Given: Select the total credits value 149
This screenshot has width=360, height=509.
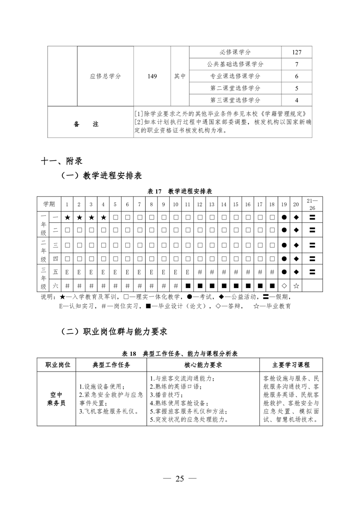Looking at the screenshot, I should [x=152, y=76].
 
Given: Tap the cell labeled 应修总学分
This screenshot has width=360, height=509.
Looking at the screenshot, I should [x=105, y=76].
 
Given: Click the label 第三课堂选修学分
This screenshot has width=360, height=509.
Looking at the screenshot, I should [x=235, y=100].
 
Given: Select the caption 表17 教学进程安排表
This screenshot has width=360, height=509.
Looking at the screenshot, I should [x=180, y=191].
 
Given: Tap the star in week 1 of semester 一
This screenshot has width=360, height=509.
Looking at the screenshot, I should [x=67, y=218].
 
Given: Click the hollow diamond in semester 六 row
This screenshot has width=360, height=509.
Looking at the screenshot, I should [x=284, y=286].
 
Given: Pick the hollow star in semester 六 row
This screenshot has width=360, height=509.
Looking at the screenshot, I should [x=296, y=286].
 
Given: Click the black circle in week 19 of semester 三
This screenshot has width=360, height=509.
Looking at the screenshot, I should [x=284, y=245].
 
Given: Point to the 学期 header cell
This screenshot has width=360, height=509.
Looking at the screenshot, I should [x=49, y=204].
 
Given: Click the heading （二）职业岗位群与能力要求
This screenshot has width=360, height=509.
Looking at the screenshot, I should [x=114, y=332].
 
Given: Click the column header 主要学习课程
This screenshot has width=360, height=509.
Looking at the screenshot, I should [x=291, y=365].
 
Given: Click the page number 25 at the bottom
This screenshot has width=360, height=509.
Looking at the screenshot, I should [x=180, y=478].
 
